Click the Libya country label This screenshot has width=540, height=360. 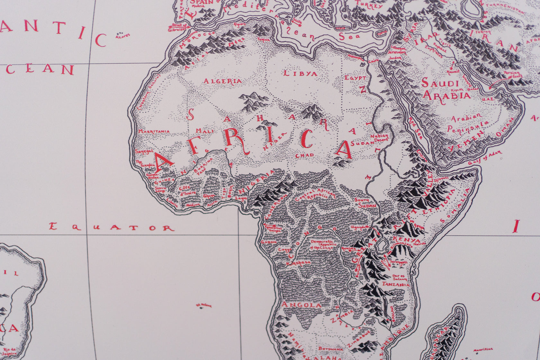click(300, 74)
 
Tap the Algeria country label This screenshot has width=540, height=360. click(222, 81)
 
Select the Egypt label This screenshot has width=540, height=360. click(355, 78)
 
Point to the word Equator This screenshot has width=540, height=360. click(111, 227)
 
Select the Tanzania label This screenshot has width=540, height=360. click(396, 284)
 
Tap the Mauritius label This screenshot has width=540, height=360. click(483, 349)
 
